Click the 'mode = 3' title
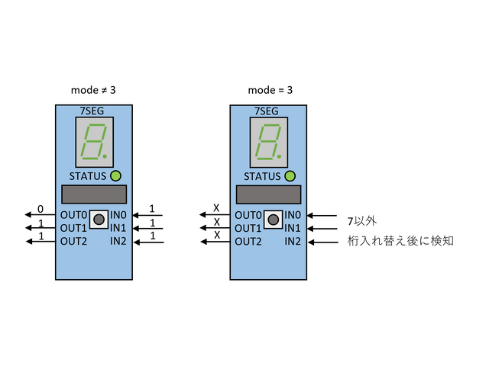point(270,90)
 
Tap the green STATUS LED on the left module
point(116,177)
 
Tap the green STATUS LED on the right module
point(290,177)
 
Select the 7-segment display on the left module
point(96,143)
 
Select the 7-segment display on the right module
point(270,143)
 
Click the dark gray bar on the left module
point(94,194)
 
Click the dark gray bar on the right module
point(268,194)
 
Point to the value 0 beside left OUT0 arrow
point(40,209)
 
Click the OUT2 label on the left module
point(74,242)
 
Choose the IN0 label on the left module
point(118,215)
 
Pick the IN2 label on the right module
point(293,242)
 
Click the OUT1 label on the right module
point(248,228)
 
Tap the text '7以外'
point(362,221)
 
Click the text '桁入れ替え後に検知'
point(401,242)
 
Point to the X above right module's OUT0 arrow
point(215,209)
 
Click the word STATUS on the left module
point(88,177)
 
